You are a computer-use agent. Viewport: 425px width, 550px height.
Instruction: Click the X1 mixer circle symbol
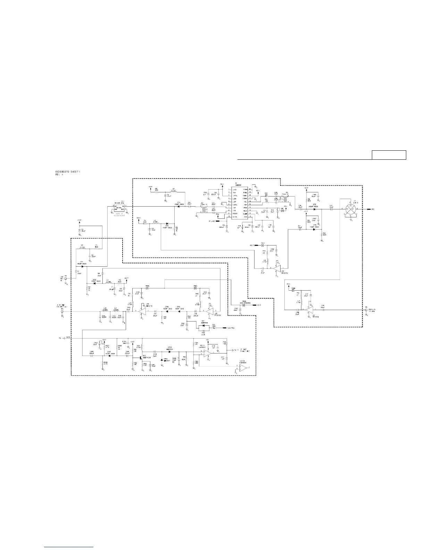click(351, 209)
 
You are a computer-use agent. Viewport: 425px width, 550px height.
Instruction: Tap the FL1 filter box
click(119, 208)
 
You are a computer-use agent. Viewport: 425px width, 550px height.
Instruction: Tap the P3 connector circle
click(62, 311)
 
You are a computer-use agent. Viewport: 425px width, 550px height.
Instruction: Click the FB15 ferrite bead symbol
click(148, 288)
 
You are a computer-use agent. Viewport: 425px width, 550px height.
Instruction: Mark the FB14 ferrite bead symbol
click(195, 288)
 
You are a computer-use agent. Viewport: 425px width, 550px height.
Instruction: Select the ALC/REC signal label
click(230, 327)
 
